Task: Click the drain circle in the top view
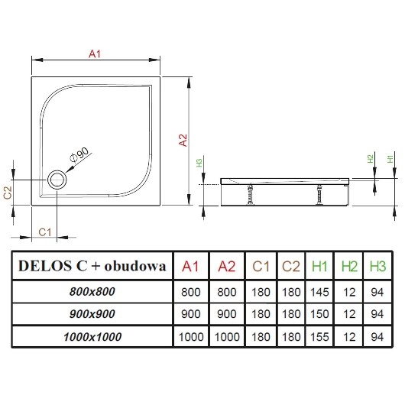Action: (x=57, y=180)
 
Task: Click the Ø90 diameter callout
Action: (x=80, y=155)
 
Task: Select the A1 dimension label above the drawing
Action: (x=96, y=53)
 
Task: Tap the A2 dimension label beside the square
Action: (x=183, y=140)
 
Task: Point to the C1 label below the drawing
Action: (x=45, y=232)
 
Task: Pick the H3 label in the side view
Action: (x=199, y=163)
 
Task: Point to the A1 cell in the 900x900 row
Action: (x=191, y=313)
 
